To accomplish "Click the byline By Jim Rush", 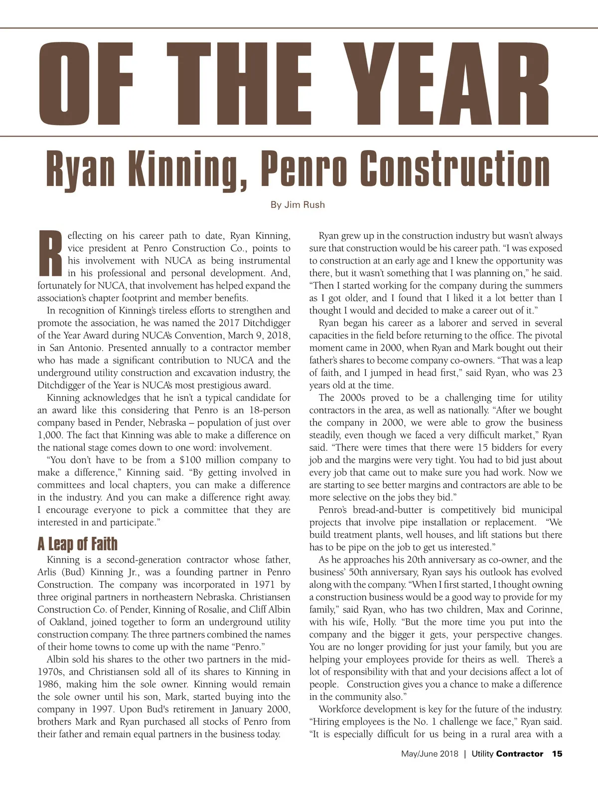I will tap(298, 205).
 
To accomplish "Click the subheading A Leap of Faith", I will tap(77, 544).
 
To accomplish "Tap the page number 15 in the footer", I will tap(557, 754).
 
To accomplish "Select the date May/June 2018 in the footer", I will tap(430, 754).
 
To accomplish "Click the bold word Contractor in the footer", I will tap(519, 754).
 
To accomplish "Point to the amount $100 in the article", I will tap(189, 460).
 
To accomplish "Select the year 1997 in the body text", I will tap(105, 709).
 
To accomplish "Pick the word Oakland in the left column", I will tap(69, 622).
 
